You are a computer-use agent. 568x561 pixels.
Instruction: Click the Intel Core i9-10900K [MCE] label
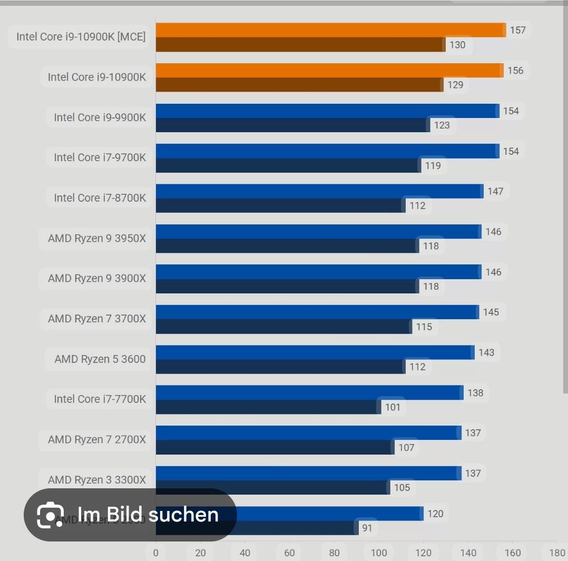[81, 37]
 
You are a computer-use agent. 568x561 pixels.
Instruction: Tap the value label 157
[517, 30]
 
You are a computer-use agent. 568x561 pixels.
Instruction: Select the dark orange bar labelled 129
[299, 85]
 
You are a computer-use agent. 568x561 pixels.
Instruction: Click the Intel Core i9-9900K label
[100, 117]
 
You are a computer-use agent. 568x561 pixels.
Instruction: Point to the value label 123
[442, 125]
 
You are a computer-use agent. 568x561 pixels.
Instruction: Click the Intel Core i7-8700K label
[100, 198]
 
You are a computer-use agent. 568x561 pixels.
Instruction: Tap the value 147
[495, 191]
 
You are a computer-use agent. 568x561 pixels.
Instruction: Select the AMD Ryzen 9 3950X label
[96, 239]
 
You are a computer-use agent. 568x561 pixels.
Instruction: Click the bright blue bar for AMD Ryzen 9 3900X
[318, 272]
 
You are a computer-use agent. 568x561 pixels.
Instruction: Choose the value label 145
[491, 312]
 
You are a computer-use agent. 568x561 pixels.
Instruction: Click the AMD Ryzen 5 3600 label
[100, 359]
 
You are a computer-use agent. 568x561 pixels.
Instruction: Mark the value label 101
[393, 407]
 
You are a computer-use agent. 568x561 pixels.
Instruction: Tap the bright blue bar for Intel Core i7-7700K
[309, 392]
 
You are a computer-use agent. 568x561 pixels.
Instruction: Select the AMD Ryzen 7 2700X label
[96, 439]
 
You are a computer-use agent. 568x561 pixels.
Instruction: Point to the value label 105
[401, 488]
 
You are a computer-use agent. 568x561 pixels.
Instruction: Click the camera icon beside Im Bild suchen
[51, 515]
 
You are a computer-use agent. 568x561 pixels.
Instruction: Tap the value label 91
[367, 528]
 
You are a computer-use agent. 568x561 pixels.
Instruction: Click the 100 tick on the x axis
[379, 553]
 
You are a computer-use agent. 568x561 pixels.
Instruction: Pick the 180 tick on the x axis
[557, 553]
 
